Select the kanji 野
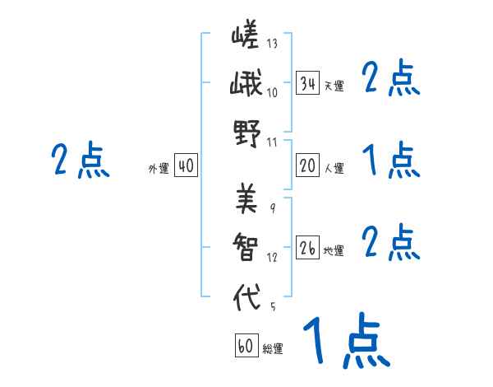[246, 133]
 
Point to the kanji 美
[246, 197]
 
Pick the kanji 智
[246, 247]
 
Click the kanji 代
[246, 296]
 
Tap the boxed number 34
[308, 83]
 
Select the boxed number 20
[308, 166]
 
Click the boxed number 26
[308, 248]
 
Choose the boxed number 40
[186, 166]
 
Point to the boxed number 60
[246, 346]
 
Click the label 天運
[334, 86]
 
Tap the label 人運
[334, 168]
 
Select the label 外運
[159, 168]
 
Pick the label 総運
[273, 348]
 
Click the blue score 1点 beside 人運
[391, 160]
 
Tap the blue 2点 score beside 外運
[81, 160]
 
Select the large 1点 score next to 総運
[345, 342]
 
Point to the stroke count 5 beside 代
[272, 307]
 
